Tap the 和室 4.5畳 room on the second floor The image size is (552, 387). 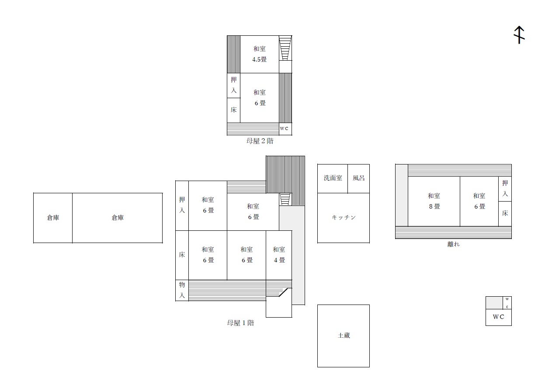(x=260, y=54)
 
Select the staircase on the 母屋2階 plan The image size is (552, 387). (x=285, y=48)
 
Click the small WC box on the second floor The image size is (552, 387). (x=285, y=129)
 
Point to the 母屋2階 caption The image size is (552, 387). (x=260, y=141)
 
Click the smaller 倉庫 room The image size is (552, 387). (x=53, y=218)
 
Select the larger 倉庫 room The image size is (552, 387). (x=117, y=218)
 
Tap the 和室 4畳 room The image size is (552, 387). (x=279, y=255)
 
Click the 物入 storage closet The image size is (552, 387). (x=182, y=290)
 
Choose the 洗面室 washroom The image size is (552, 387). (x=333, y=178)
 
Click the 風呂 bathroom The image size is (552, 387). (x=358, y=178)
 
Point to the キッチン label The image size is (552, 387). (x=344, y=217)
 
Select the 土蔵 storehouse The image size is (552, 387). (x=344, y=336)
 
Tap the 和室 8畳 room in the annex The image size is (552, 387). (x=434, y=201)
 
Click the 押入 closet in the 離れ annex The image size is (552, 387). (x=505, y=189)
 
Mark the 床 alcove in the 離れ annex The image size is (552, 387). (x=505, y=214)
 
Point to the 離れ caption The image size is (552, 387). (x=453, y=244)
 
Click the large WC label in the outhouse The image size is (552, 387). (x=498, y=317)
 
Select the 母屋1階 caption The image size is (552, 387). (x=240, y=323)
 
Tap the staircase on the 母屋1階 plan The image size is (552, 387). (x=285, y=199)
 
